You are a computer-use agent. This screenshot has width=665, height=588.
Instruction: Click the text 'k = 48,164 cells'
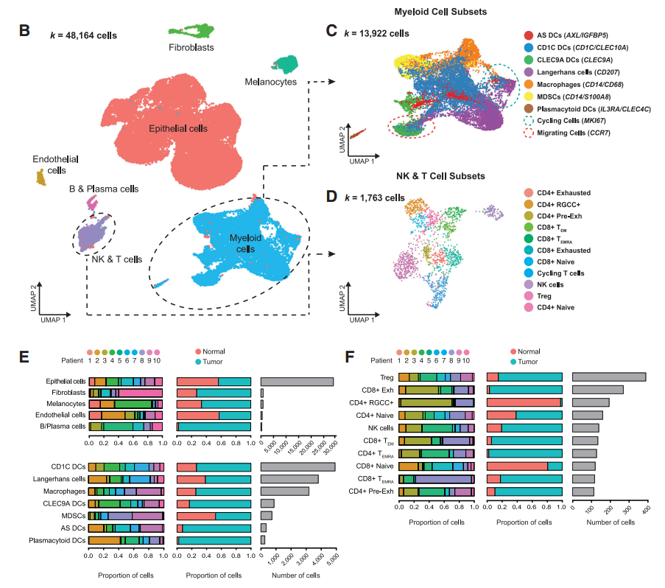coord(83,34)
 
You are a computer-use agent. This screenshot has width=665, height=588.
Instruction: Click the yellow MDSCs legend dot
coord(529,96)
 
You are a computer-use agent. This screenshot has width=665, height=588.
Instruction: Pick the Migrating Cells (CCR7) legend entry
coord(574,133)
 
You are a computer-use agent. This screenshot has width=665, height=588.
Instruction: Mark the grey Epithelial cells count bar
coord(297,382)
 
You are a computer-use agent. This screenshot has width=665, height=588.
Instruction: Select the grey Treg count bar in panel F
coord(609,377)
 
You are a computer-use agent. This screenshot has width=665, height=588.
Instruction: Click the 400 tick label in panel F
coord(646,508)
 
